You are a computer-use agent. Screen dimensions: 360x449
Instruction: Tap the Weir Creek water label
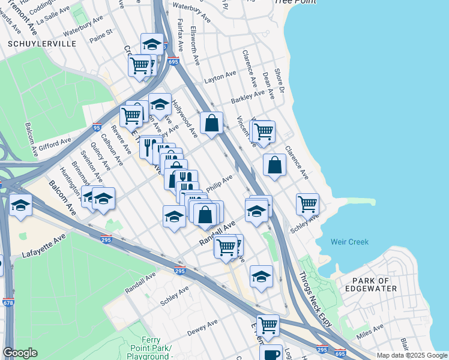(x=350, y=242)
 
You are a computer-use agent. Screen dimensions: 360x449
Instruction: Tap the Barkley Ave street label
(x=247, y=97)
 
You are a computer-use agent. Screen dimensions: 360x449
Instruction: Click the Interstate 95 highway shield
(x=97, y=127)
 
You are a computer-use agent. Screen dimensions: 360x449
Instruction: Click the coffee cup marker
(x=270, y=353)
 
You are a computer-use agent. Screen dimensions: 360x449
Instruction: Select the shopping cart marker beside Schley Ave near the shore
(x=307, y=203)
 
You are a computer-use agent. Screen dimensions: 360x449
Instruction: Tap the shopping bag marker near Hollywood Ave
(x=211, y=123)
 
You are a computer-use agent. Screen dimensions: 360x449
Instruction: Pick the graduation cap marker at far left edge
(x=21, y=206)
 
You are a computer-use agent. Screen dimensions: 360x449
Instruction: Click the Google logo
(x=20, y=353)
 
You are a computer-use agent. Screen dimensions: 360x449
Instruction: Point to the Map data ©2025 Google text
(x=411, y=355)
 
